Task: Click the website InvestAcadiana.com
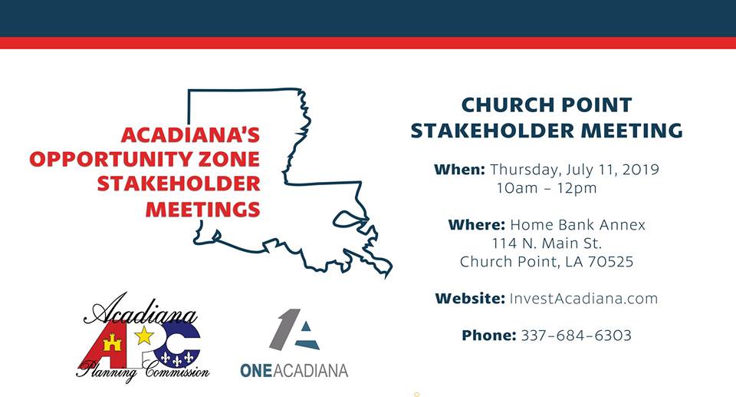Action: click(583, 298)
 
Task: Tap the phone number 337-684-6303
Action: click(577, 335)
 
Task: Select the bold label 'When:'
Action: click(459, 169)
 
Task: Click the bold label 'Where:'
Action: click(476, 224)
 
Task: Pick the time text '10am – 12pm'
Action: click(547, 187)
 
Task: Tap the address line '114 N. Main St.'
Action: click(547, 243)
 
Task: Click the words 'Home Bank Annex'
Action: click(578, 224)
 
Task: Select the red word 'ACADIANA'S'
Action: click(191, 135)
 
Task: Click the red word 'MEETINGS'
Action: click(202, 209)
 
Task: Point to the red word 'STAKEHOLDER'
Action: click(179, 184)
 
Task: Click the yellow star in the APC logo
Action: click(144, 336)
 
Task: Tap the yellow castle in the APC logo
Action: click(112, 343)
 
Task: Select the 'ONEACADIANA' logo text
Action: click(294, 370)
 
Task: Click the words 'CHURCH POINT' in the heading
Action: click(547, 105)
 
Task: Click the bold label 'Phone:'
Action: click(489, 335)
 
